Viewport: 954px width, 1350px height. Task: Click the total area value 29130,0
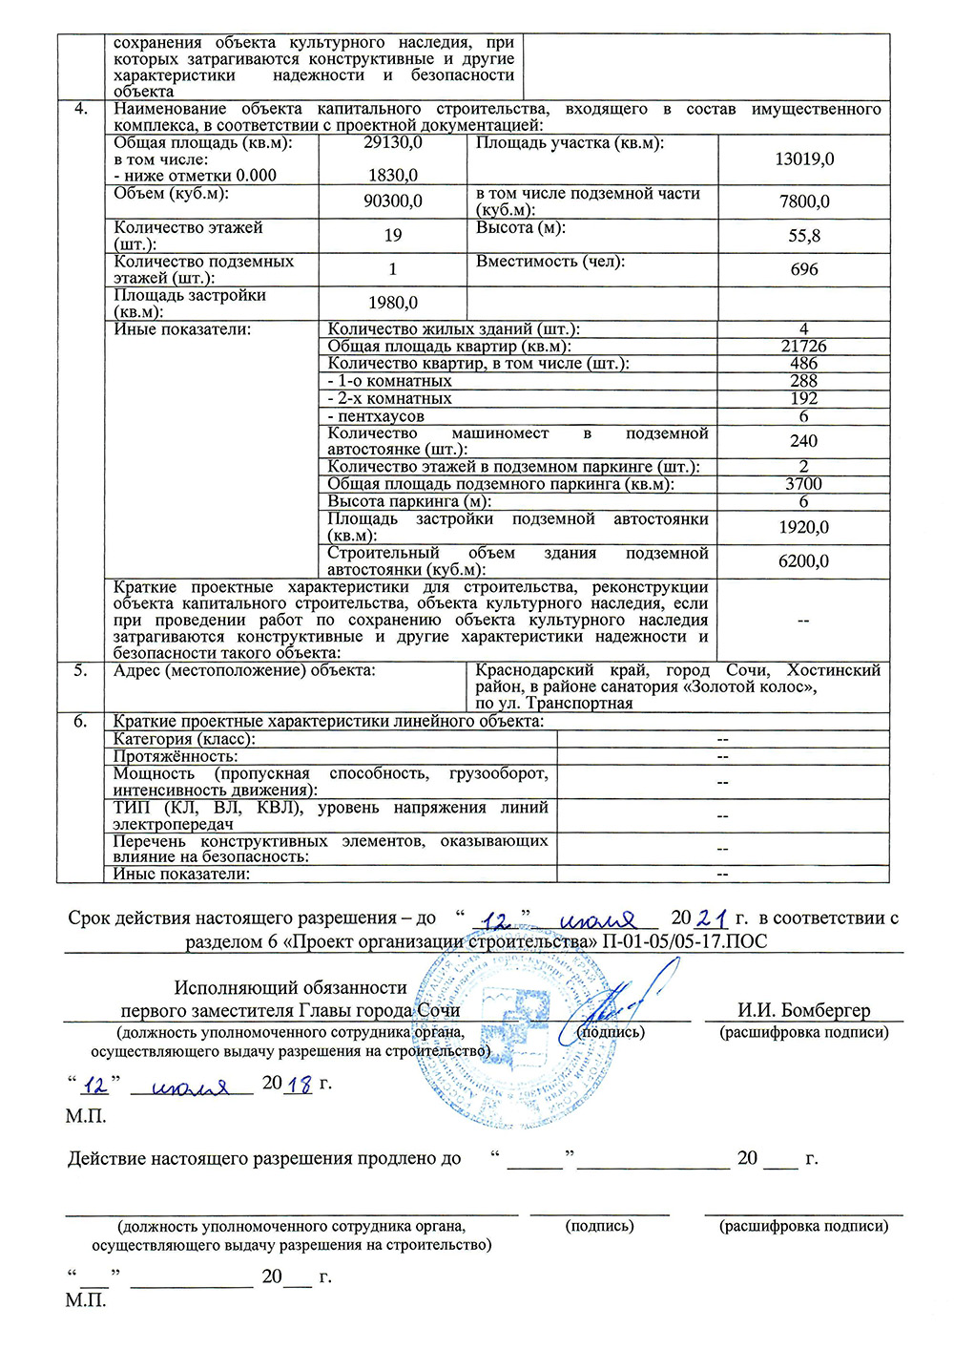coord(393,142)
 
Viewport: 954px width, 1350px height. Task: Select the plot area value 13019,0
coord(804,158)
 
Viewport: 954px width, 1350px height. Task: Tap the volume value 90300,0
coord(393,201)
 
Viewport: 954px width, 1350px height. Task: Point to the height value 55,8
coord(804,236)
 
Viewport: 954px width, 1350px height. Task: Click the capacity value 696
coord(804,269)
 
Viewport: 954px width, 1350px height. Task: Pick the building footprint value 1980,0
coord(393,303)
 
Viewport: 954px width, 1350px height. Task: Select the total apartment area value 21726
coord(804,346)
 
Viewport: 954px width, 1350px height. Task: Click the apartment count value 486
coord(804,363)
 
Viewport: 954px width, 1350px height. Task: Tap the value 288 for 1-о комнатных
coord(804,381)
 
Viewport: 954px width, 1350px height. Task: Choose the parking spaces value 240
coord(804,441)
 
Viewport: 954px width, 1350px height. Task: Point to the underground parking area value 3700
coord(804,484)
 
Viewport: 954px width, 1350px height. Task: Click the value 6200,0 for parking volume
coord(804,561)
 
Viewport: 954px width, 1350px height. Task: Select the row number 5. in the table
coord(81,670)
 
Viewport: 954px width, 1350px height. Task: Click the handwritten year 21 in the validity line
coord(713,918)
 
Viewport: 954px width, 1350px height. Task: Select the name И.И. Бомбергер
coord(803,1010)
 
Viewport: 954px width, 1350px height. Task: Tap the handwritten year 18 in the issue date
coord(300,1085)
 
